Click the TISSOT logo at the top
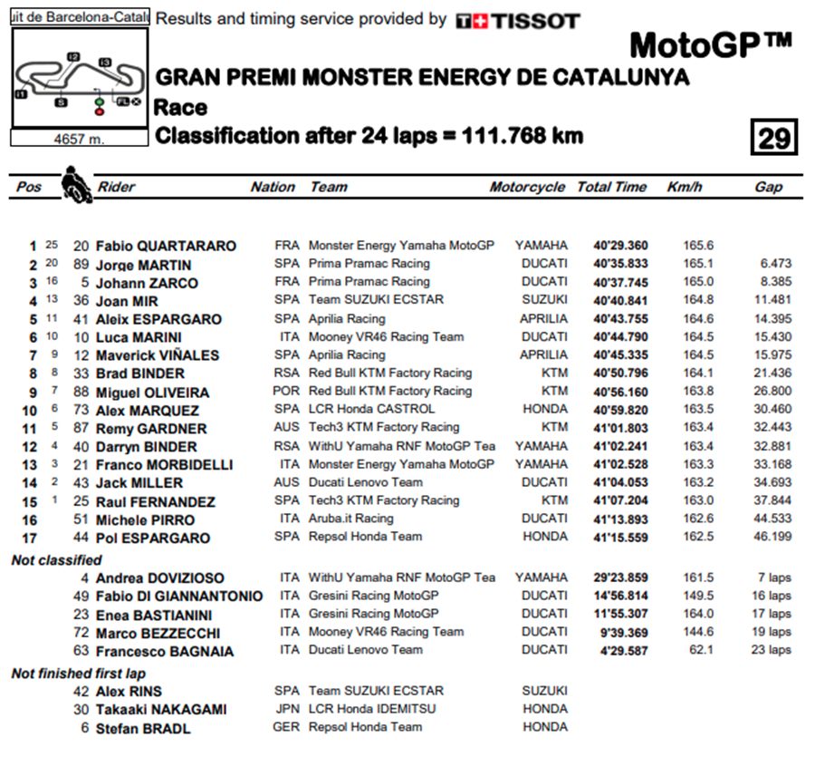click(x=517, y=21)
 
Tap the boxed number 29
click(x=774, y=139)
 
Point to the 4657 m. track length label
click(x=78, y=139)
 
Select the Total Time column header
click(x=611, y=187)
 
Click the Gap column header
click(x=768, y=187)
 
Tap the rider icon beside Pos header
click(x=76, y=185)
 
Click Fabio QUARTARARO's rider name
click(x=166, y=247)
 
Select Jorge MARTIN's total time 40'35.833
click(x=619, y=264)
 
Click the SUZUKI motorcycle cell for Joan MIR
click(x=544, y=300)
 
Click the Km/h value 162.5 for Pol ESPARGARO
click(x=698, y=537)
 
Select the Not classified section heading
click(x=56, y=560)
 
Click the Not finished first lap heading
click(x=78, y=674)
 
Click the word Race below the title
click(x=180, y=108)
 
